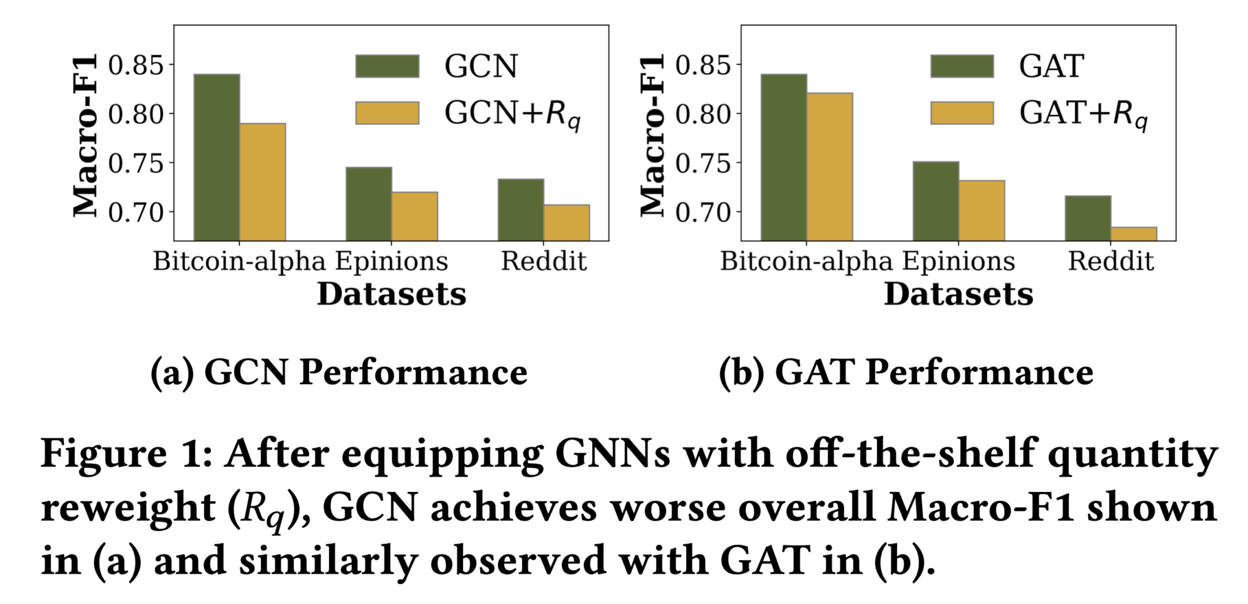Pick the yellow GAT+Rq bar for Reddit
coord(1133,234)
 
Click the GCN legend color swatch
coord(387,66)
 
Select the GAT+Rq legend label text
coord(1083,114)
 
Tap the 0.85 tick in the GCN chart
coord(136,65)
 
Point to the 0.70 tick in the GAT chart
coord(703,212)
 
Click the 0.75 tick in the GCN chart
coord(136,164)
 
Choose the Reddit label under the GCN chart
coord(544,262)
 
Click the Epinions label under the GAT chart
coord(959,262)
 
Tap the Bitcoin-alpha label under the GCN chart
coord(239,262)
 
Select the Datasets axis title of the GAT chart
coord(958,295)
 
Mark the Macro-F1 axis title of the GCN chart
coord(85,135)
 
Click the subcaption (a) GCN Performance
coord(339,372)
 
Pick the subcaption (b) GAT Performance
coord(906,372)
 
